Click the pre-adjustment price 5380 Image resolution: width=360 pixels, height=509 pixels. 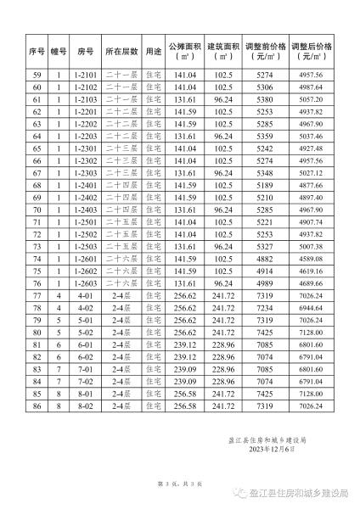pyautogui.click(x=263, y=99)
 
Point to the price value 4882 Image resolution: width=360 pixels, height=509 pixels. pyautogui.click(x=263, y=260)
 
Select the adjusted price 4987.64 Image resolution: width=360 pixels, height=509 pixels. pyautogui.click(x=311, y=87)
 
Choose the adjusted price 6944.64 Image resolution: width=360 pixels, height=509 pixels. pyautogui.click(x=311, y=309)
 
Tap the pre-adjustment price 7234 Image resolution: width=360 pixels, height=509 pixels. pyautogui.click(x=263, y=309)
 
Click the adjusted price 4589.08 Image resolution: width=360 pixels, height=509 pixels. pyautogui.click(x=311, y=260)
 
